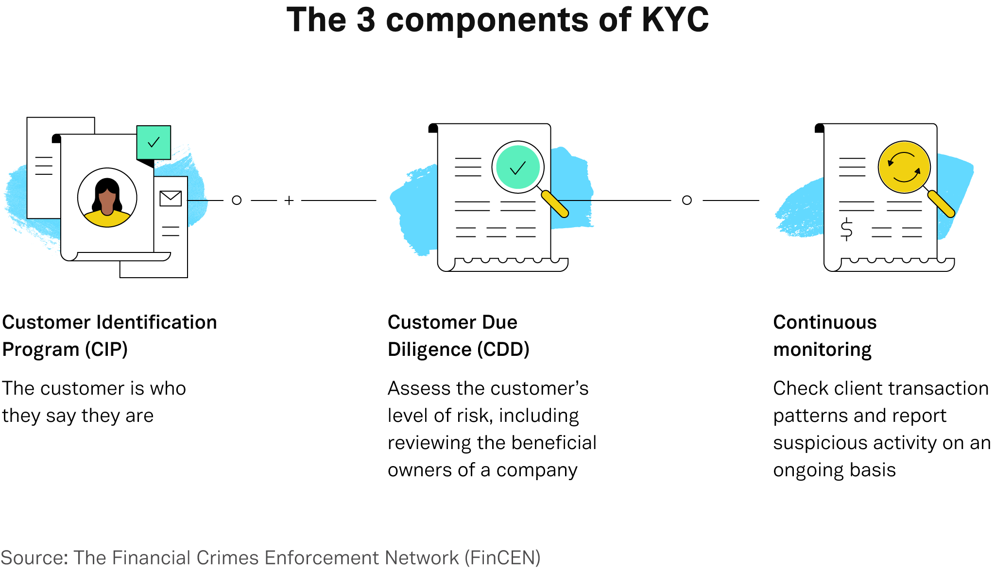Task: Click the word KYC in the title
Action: (675, 20)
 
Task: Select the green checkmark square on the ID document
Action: (154, 142)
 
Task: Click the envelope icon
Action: (171, 199)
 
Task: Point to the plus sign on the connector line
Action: (289, 200)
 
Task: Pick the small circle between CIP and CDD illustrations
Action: (237, 200)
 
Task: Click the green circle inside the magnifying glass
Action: (518, 167)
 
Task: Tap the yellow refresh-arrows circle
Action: (904, 167)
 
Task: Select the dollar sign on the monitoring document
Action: (846, 229)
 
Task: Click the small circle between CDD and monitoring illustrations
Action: (687, 200)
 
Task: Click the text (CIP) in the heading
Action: (106, 350)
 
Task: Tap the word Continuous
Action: (825, 322)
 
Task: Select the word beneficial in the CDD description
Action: (554, 443)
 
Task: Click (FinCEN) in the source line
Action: (503, 558)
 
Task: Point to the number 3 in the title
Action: (366, 20)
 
